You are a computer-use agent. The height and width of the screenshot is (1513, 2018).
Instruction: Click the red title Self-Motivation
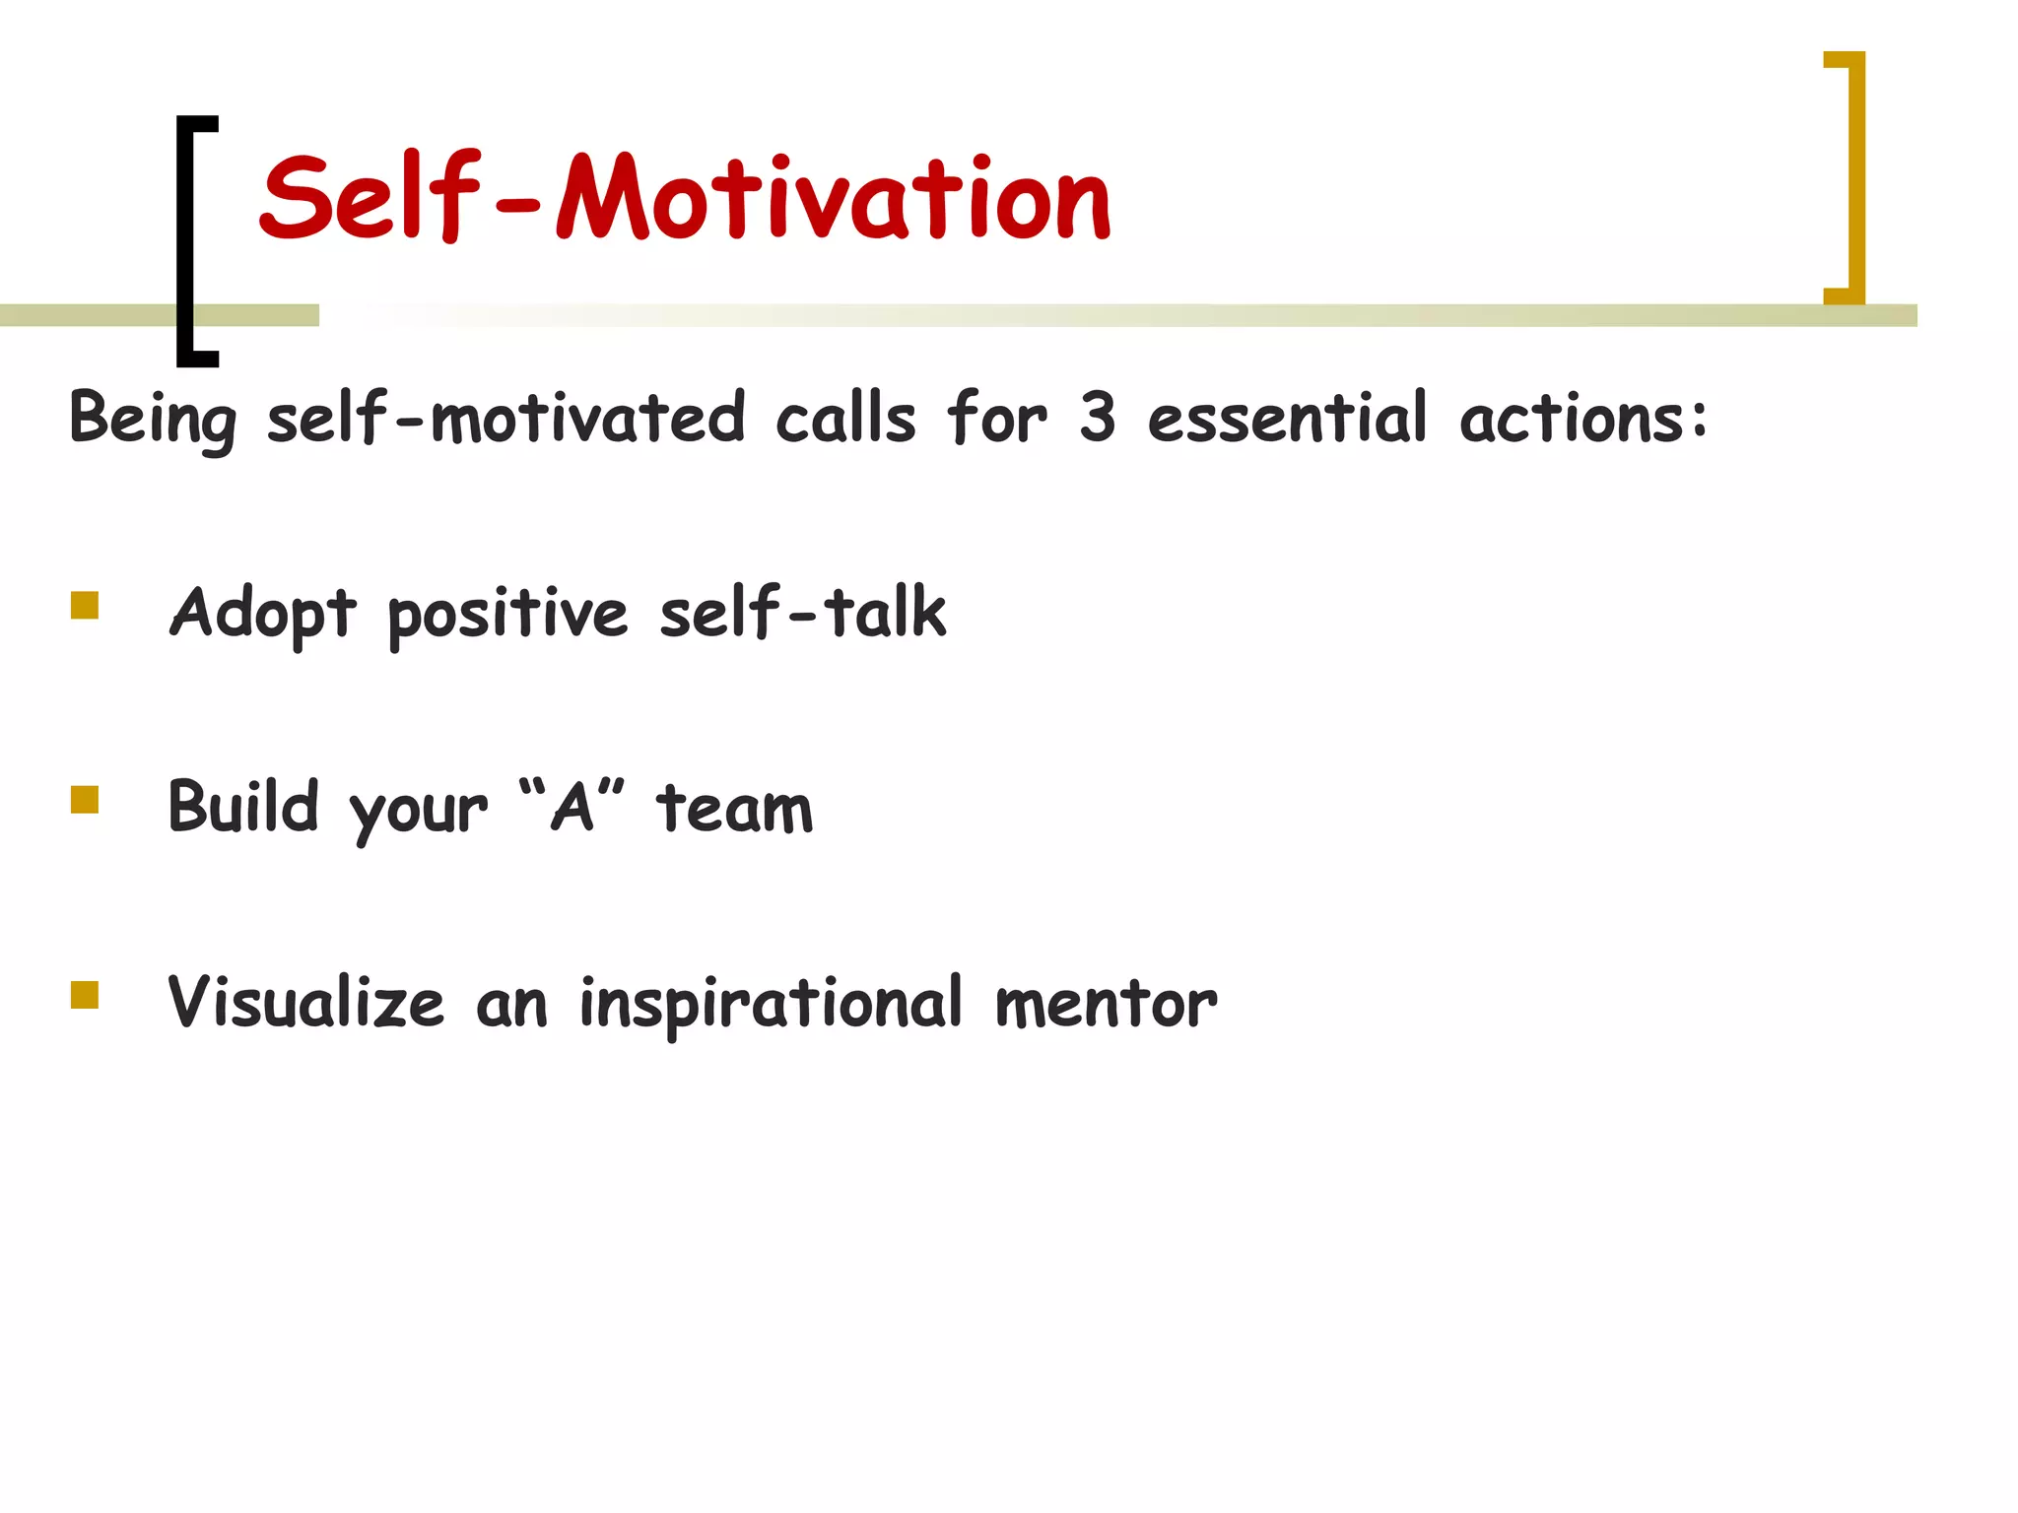[x=685, y=199]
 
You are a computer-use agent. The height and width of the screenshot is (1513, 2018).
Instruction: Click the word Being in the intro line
[x=153, y=419]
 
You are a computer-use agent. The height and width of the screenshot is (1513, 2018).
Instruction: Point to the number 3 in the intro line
[x=1097, y=417]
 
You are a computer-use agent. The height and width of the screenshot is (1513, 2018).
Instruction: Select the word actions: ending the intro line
[x=1582, y=419]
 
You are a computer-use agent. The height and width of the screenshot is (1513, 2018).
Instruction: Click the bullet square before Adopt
[x=85, y=605]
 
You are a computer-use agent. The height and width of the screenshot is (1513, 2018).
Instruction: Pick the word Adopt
[x=262, y=614]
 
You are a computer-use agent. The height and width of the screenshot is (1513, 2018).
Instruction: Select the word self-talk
[x=802, y=612]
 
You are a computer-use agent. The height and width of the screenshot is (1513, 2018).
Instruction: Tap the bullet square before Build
[x=85, y=799]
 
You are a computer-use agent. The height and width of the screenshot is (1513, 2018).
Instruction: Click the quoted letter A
[x=572, y=808]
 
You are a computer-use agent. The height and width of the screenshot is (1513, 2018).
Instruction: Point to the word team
[x=735, y=809]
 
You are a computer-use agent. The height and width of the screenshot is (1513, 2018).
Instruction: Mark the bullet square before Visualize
[x=85, y=995]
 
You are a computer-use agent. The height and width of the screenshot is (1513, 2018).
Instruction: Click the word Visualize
[x=305, y=1003]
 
